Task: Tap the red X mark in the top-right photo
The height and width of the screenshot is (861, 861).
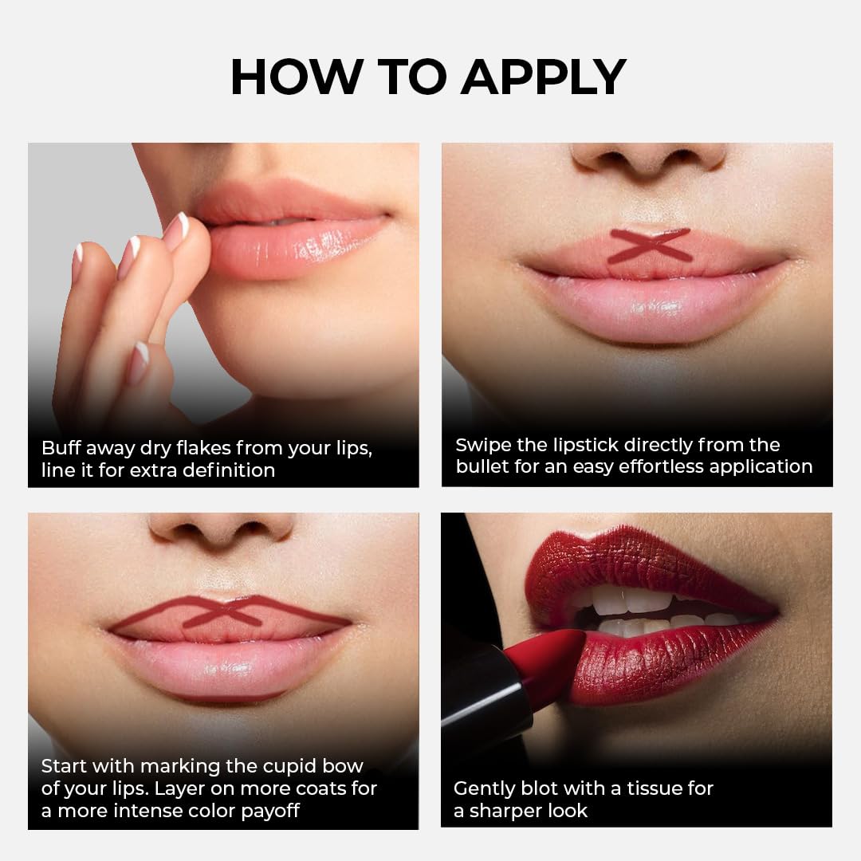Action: pos(650,246)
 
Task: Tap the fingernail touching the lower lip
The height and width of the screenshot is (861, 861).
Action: pos(176,228)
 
